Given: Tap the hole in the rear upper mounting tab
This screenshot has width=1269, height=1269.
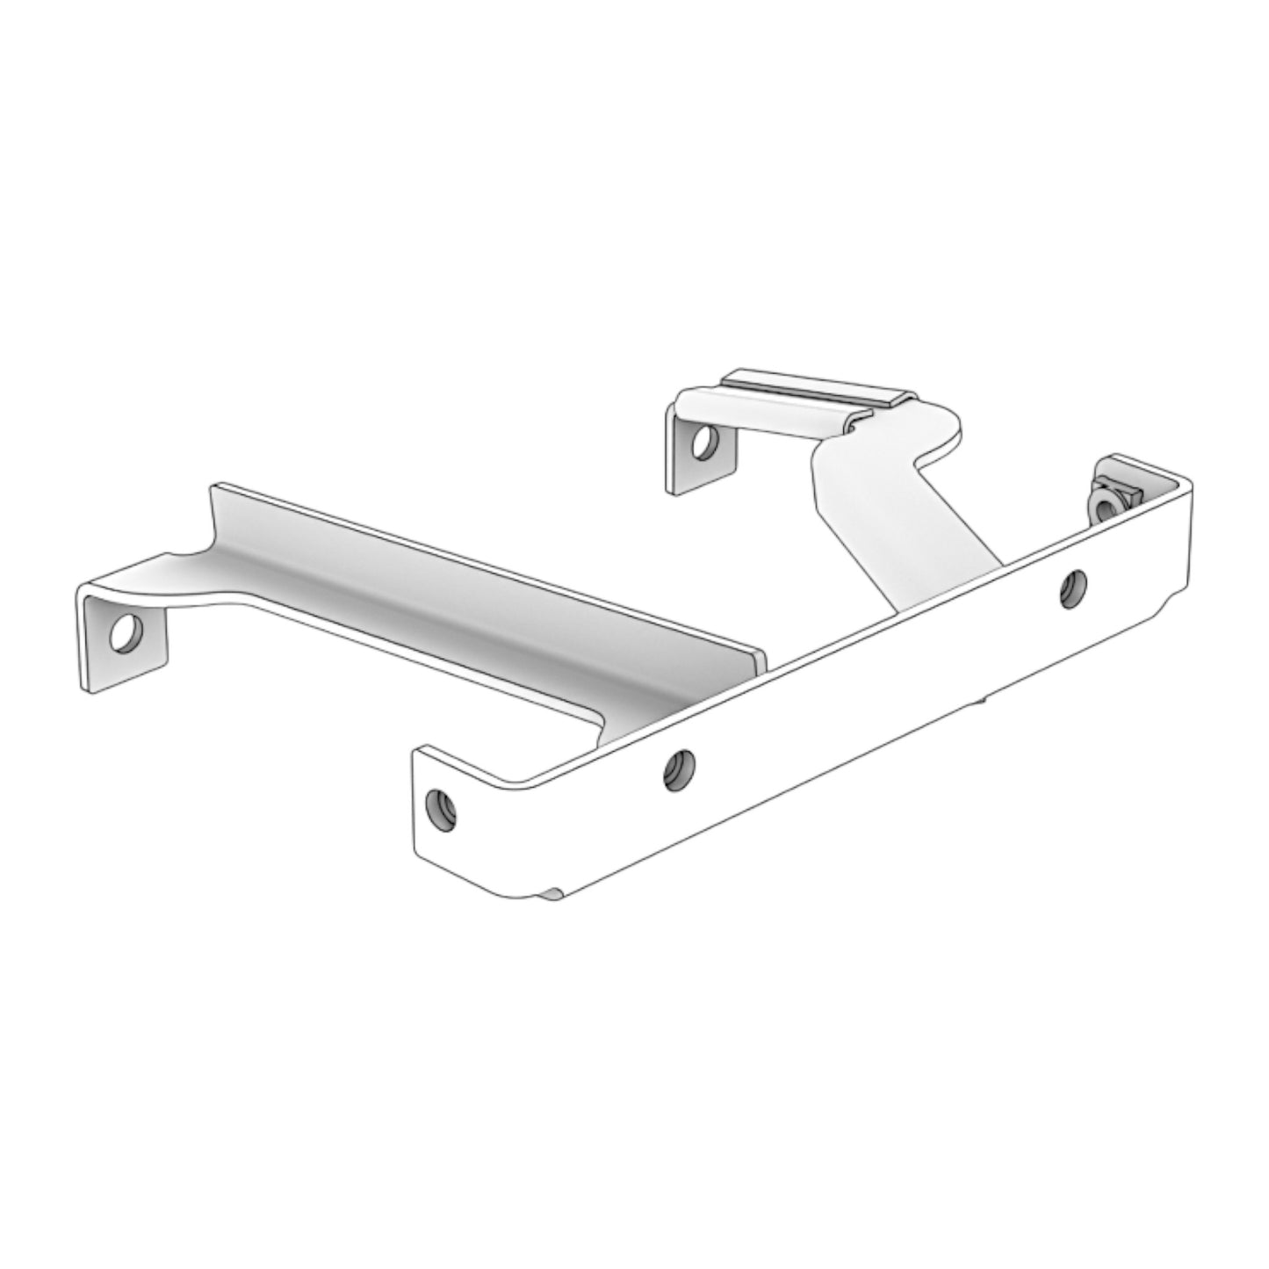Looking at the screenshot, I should point(702,443).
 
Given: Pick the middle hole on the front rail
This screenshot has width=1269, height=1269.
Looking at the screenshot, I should point(677,770).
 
